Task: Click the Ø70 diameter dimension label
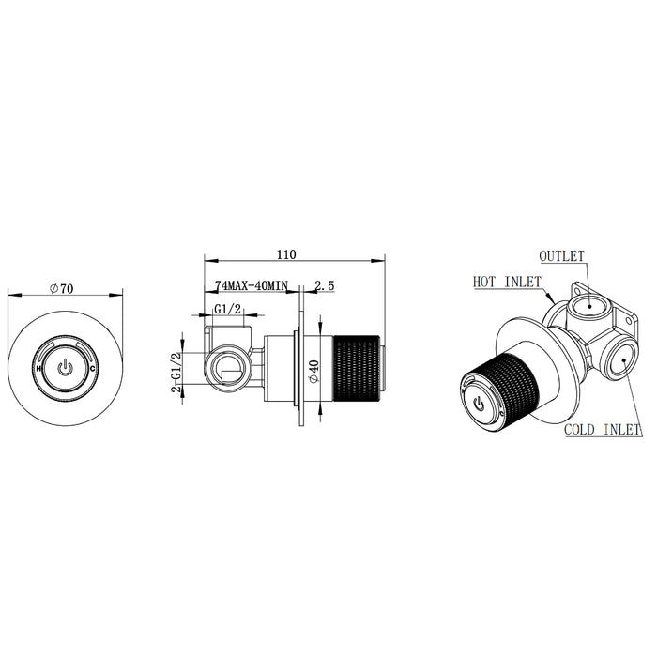(61, 289)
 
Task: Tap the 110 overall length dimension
(286, 254)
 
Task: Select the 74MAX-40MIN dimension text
(252, 285)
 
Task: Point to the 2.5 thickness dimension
(325, 285)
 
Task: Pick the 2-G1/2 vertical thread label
(176, 372)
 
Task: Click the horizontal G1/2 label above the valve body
(228, 309)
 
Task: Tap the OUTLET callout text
(561, 256)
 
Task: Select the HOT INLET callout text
(507, 282)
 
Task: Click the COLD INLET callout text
(603, 430)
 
